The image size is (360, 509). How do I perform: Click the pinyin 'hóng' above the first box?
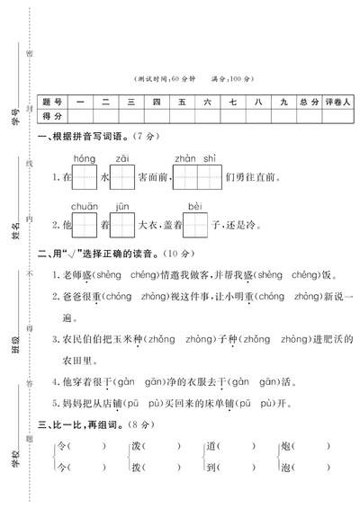pyautogui.click(x=85, y=156)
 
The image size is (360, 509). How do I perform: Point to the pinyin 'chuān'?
pyautogui.click(x=85, y=206)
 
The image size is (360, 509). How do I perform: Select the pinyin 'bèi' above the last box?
pyautogui.click(x=195, y=206)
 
